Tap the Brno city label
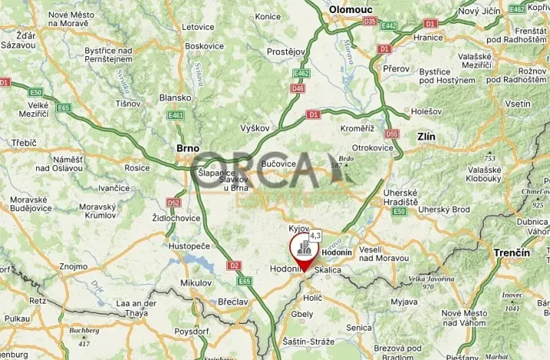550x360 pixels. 187,148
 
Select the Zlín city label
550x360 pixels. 425,137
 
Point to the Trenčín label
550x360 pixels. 513,252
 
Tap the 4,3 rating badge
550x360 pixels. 315,235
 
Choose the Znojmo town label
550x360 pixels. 73,266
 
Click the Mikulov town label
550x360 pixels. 195,282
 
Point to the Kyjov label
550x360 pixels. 298,229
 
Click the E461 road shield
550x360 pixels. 176,115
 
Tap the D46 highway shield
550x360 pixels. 298,88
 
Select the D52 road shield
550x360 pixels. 173,202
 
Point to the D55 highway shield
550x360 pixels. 392,133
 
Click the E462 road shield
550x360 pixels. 302,74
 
